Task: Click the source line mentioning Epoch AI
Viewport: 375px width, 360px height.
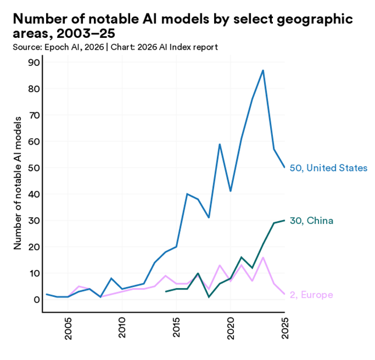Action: click(115, 47)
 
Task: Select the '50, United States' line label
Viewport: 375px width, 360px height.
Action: click(328, 168)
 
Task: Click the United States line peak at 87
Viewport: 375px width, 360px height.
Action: click(263, 71)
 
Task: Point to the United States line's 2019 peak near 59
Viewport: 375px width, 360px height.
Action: click(220, 144)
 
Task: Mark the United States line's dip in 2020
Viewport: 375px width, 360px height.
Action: click(230, 191)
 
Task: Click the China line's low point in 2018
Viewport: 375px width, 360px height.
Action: click(209, 297)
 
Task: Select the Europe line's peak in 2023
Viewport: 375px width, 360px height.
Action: click(263, 257)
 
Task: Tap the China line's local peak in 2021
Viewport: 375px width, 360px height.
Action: click(241, 257)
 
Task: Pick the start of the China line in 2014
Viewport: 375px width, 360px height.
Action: click(166, 292)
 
